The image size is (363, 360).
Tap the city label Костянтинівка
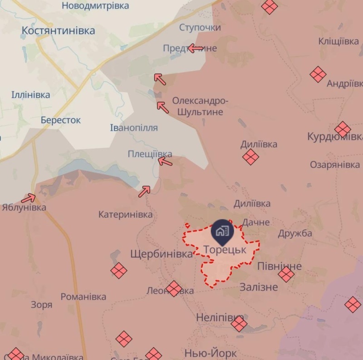[59, 30]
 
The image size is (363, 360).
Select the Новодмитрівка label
[95, 6]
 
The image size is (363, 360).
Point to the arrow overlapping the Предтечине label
[195, 48]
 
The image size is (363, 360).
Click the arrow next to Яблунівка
[29, 198]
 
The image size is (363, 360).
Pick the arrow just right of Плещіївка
[165, 161]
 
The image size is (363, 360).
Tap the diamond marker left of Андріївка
[318, 74]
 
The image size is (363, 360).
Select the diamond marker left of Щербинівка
[119, 271]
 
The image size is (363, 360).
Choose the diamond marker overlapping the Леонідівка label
[173, 288]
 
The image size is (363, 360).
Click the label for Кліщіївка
[338, 41]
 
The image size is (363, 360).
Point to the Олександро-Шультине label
[200, 106]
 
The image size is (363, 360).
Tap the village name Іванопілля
[134, 128]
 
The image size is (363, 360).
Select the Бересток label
[60, 120]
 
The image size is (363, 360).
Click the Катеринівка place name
[126, 214]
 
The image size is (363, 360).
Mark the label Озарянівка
[335, 165]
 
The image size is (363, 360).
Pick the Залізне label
[259, 287]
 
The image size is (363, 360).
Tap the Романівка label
[83, 297]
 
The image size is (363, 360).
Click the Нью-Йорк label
[211, 353]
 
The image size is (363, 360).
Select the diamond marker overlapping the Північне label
[286, 274]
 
